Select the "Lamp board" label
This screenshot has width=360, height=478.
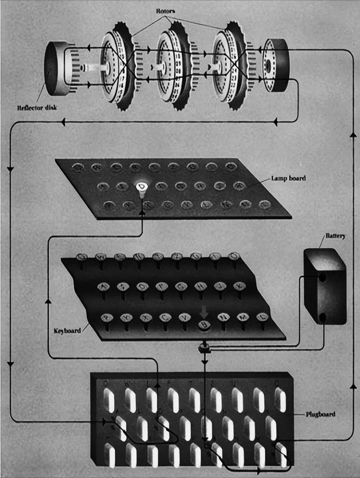(289, 179)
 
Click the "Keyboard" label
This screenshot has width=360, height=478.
(66, 331)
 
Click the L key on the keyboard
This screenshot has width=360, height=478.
(262, 317)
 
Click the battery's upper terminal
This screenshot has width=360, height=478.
(322, 277)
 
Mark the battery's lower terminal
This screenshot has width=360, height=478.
(322, 318)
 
